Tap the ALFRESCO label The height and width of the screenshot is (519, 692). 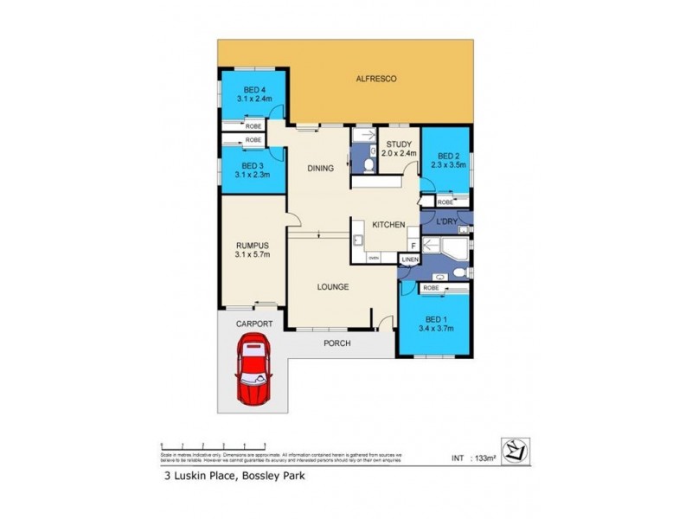[x=376, y=80]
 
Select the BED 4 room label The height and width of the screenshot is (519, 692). [x=253, y=90]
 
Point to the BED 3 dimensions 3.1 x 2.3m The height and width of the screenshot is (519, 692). [x=253, y=174]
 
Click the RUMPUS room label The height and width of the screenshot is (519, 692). [x=253, y=245]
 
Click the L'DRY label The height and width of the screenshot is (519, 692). [x=446, y=222]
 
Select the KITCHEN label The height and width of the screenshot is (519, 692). [x=388, y=225]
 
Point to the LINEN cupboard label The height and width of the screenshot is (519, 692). [x=410, y=259]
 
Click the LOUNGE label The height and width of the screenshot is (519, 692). [x=332, y=286]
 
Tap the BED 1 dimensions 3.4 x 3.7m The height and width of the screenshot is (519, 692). [x=435, y=328]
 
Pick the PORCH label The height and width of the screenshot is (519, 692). [x=336, y=343]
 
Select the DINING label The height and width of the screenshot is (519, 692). [x=320, y=169]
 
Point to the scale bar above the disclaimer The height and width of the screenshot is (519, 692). [x=208, y=444]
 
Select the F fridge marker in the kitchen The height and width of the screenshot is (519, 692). [x=413, y=246]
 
